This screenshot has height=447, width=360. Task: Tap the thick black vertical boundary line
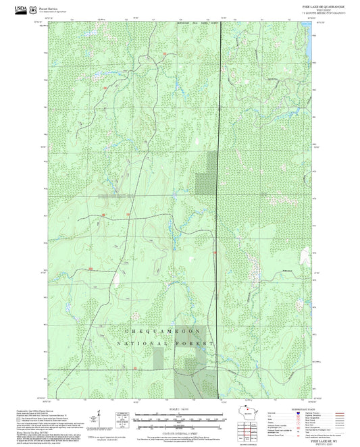[220, 203]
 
